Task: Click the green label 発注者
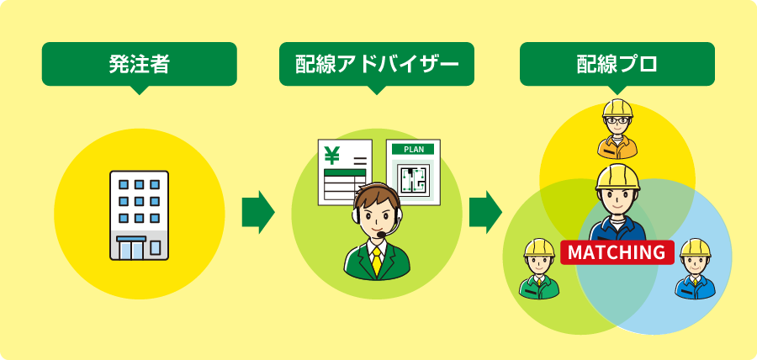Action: (x=139, y=63)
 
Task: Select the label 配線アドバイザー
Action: (x=377, y=63)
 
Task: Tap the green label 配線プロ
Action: (x=617, y=63)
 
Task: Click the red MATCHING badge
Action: (x=617, y=252)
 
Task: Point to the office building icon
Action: (x=139, y=215)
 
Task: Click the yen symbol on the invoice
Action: (x=331, y=155)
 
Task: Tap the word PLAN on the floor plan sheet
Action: (x=413, y=149)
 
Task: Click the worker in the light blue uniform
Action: (x=695, y=271)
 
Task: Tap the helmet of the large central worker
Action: (x=618, y=177)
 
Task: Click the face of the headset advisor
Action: (x=375, y=217)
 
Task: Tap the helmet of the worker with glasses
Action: (x=617, y=109)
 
